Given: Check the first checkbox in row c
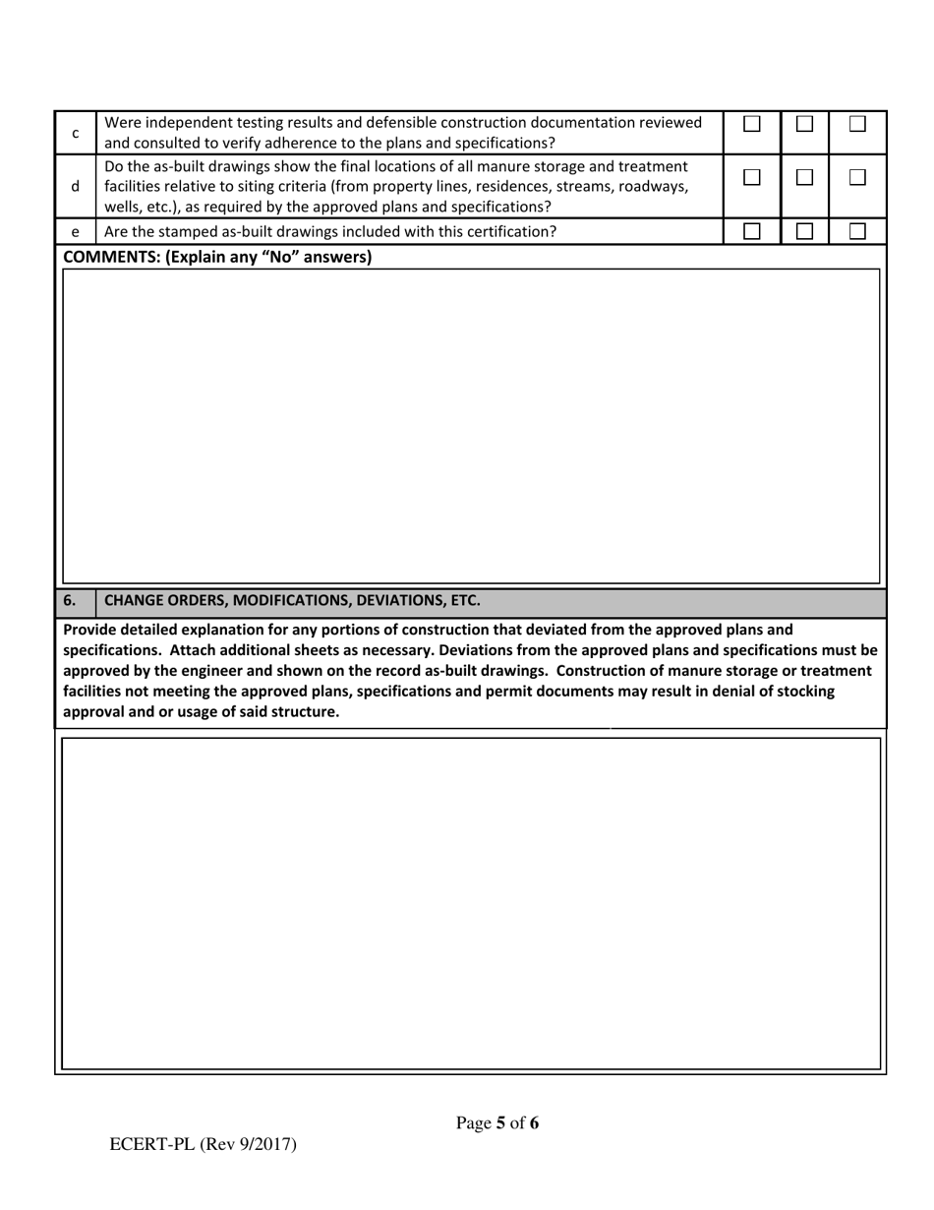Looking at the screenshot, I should [x=752, y=124].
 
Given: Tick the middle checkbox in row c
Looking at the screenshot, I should [x=804, y=124].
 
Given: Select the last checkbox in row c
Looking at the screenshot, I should [x=857, y=124].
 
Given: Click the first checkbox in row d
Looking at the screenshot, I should [x=752, y=177].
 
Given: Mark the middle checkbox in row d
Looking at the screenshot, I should [x=804, y=177].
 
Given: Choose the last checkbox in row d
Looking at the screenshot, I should [x=857, y=177].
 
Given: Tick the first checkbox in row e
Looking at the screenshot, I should [x=752, y=231].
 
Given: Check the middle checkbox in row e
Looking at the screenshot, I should [x=804, y=231].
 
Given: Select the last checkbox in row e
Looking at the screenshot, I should [x=857, y=231].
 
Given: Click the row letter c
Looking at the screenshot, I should [x=76, y=133].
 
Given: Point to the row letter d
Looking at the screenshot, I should [x=76, y=186].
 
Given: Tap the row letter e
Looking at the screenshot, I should [x=76, y=232].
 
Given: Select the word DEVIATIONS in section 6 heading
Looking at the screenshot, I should [x=382, y=600].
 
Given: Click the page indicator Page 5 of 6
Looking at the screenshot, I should [x=497, y=1122].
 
